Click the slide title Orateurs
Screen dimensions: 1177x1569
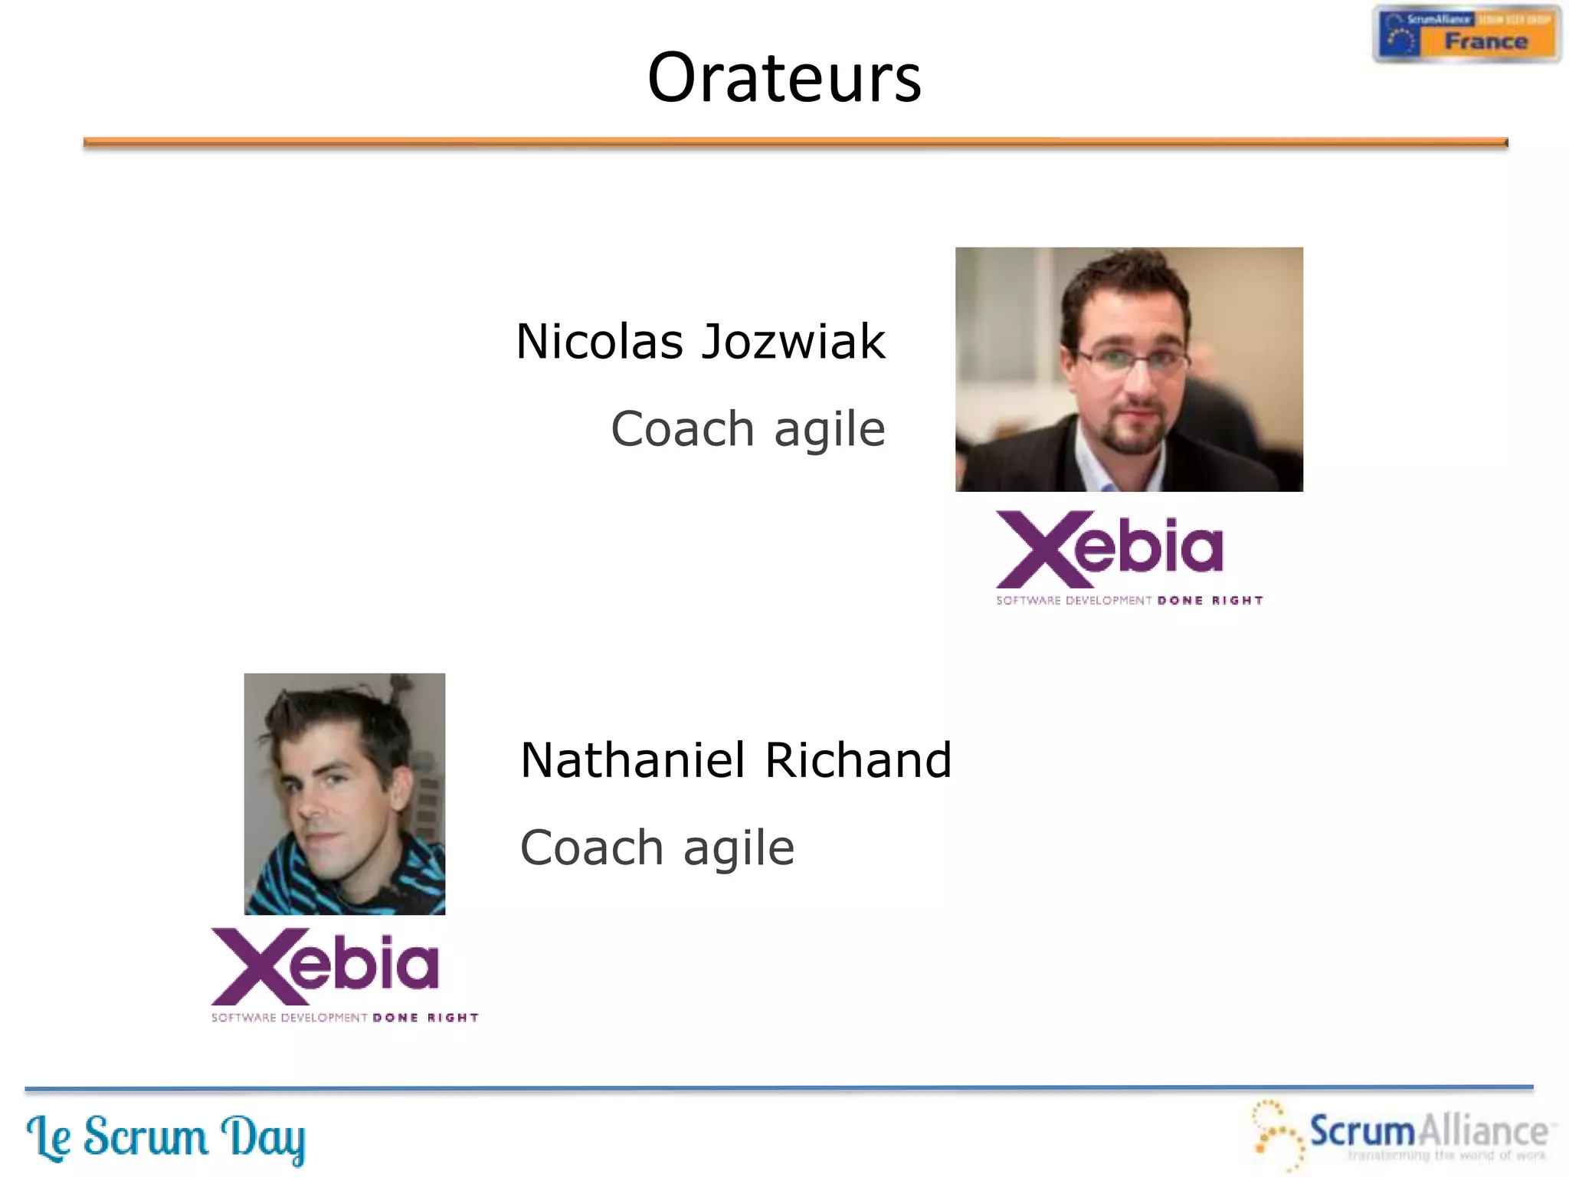click(784, 77)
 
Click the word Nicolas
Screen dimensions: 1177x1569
click(599, 342)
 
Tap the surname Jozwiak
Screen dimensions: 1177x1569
click(794, 342)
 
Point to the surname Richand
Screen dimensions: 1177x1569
click(858, 760)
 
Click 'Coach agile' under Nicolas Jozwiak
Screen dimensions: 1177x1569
click(748, 429)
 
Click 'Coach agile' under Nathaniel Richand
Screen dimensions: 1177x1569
click(657, 848)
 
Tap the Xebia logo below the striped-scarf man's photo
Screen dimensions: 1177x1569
click(326, 967)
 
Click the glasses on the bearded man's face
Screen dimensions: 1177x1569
click(1132, 359)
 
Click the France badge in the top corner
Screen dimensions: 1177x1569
click(1466, 34)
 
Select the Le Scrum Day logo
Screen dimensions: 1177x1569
click(165, 1137)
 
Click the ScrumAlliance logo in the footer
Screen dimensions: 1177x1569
click(1402, 1134)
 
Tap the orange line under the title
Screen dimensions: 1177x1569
click(794, 142)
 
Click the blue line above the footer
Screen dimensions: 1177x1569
click(778, 1087)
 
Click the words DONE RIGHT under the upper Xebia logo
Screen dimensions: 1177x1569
click(1210, 601)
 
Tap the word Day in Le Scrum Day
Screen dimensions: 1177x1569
click(263, 1139)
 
